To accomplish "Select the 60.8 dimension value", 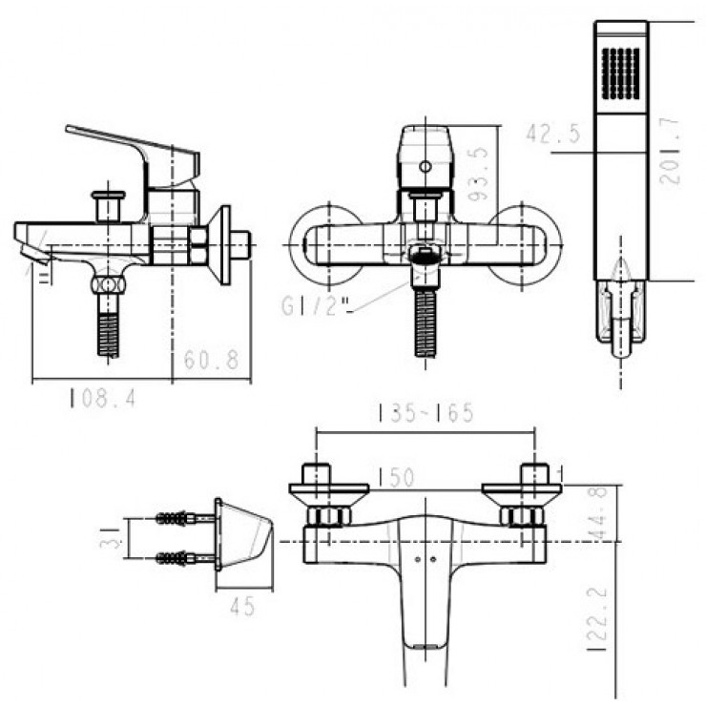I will [x=210, y=361].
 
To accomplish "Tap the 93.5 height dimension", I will [x=483, y=172].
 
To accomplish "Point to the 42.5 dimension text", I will [x=553, y=134].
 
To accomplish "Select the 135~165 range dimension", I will [x=426, y=413].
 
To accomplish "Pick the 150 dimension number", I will [x=394, y=476].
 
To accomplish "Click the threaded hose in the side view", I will [x=110, y=329].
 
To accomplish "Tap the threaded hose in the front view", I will [x=426, y=324].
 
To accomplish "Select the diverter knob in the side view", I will [x=109, y=204].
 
